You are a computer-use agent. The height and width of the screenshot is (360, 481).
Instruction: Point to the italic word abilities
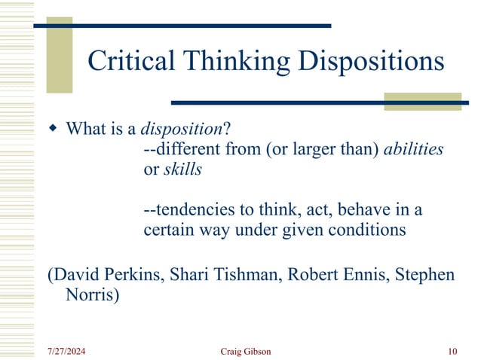coord(413,149)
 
